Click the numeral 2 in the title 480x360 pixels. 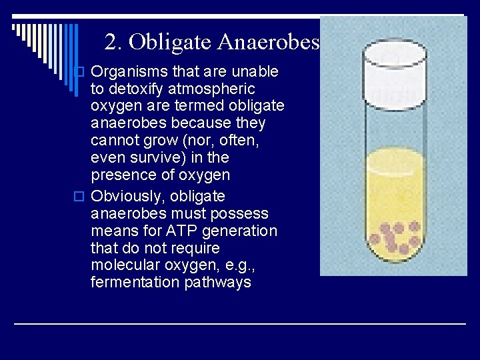coord(111,43)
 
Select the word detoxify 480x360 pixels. coord(135,89)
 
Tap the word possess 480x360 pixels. coord(243,214)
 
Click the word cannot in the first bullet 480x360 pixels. coord(115,141)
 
